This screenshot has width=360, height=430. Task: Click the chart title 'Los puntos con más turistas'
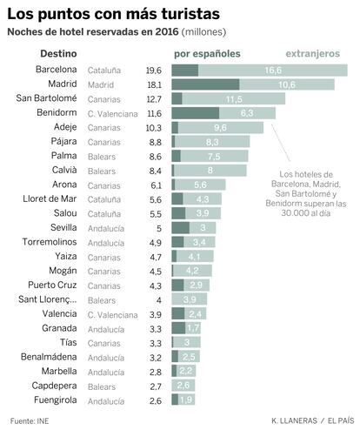pyautogui.click(x=113, y=14)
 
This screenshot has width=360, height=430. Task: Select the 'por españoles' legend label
pyautogui.click(x=207, y=54)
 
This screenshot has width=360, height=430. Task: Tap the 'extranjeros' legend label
pyautogui.click(x=313, y=54)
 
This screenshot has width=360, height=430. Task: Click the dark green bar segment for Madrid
pyautogui.click(x=205, y=84)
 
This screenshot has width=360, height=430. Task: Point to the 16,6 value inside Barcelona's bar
pyautogui.click(x=273, y=71)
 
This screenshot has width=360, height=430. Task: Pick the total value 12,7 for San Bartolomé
pyautogui.click(x=154, y=99)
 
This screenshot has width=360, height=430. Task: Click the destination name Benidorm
pyautogui.click(x=57, y=112)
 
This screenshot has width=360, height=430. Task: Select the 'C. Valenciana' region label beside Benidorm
pyautogui.click(x=113, y=114)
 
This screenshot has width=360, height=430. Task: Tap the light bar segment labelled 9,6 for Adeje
pyautogui.click(x=221, y=128)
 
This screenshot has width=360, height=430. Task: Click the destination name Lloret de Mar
pyautogui.click(x=50, y=198)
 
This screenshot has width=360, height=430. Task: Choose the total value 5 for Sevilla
pyautogui.click(x=159, y=228)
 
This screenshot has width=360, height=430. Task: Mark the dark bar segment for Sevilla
pyautogui.click(x=180, y=228)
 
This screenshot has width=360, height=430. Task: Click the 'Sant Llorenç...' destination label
pyautogui.click(x=48, y=299)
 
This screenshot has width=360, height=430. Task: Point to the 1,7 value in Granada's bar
pyautogui.click(x=193, y=328)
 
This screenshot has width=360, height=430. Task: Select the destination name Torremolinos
pyautogui.click(x=50, y=242)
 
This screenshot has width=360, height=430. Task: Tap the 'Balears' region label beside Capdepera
pyautogui.click(x=102, y=386)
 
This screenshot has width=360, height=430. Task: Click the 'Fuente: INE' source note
pyautogui.click(x=30, y=420)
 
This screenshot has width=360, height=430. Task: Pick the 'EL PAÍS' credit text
pyautogui.click(x=341, y=420)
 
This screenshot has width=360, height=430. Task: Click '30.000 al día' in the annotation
pyautogui.click(x=306, y=213)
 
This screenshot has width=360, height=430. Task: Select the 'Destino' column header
pyautogui.click(x=58, y=54)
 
